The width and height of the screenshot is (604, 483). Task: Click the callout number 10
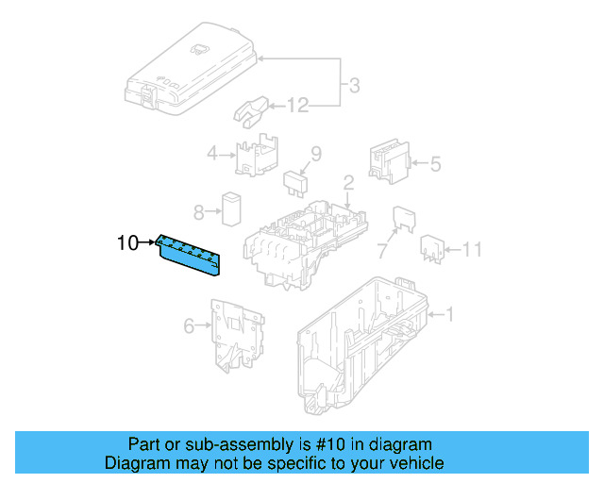pos(126,243)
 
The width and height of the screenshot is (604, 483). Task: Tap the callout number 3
pos(353,87)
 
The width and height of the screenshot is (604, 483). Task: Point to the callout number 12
pos(297,106)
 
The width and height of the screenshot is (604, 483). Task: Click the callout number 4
pos(212,154)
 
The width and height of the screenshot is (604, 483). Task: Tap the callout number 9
pos(316,153)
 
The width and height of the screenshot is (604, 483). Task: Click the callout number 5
pos(435,164)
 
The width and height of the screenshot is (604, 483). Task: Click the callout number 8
pos(198,211)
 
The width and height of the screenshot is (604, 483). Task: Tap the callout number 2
pos(347,182)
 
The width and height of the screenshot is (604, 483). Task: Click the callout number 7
pos(382,251)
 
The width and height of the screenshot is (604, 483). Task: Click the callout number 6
pos(189,326)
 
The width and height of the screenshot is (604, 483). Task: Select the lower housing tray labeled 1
pos(363,344)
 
